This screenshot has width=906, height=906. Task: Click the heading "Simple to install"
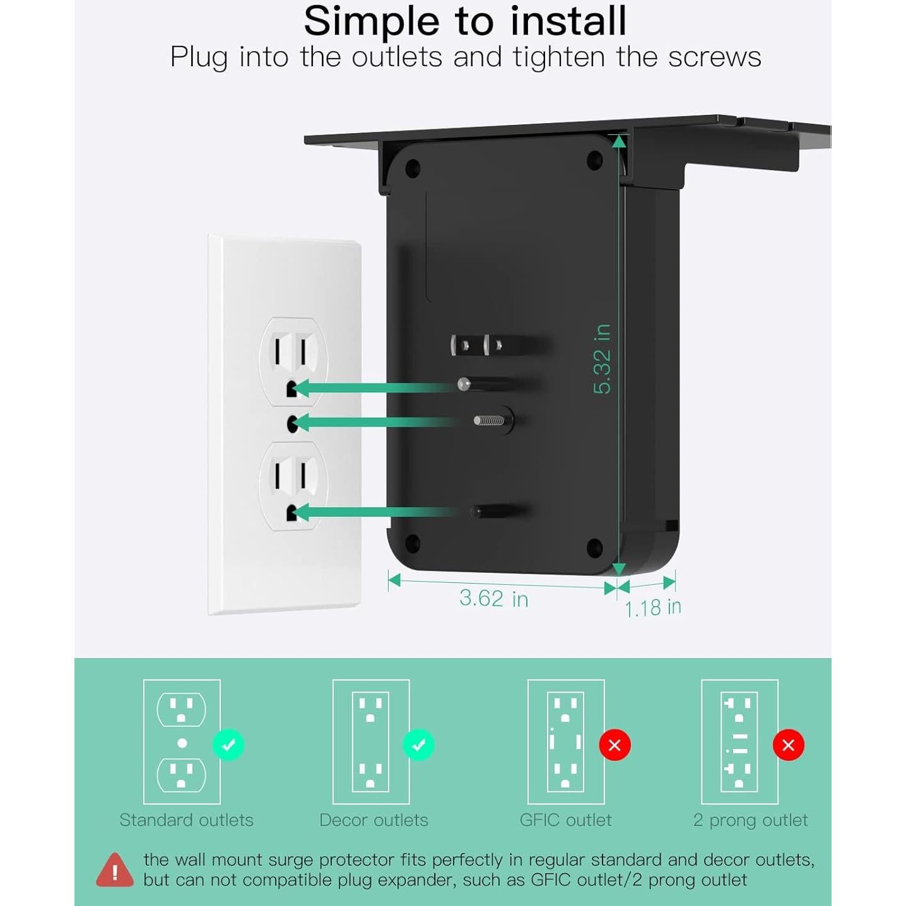[465, 21]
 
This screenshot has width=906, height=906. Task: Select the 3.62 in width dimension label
[493, 598]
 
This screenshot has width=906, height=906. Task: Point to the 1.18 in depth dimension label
[652, 608]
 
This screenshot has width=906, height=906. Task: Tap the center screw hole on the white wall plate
[292, 423]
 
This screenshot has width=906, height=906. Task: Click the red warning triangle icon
[115, 870]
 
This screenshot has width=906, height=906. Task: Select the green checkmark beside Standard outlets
[228, 745]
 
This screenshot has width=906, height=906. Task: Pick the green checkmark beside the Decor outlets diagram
[418, 745]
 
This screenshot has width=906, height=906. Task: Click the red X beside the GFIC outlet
[615, 745]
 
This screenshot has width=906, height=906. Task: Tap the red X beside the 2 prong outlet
[788, 745]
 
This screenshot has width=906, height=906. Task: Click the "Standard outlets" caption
[186, 820]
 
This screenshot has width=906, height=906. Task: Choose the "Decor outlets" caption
[374, 820]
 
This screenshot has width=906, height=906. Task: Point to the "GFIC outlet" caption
[565, 820]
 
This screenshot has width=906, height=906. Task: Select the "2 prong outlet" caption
[750, 820]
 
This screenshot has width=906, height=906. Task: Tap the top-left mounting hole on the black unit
[413, 168]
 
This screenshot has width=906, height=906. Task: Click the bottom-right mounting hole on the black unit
[594, 547]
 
